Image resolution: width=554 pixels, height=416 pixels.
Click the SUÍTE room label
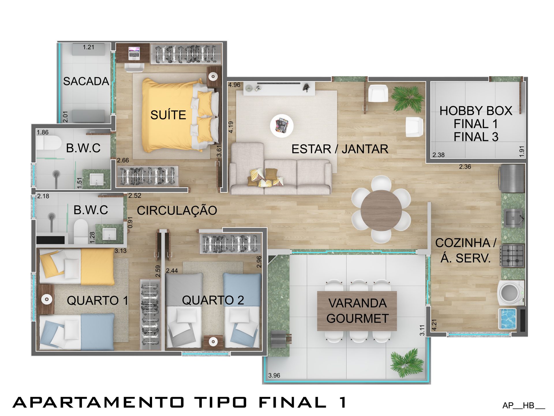point(168,115)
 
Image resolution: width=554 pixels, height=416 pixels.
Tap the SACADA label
point(86,81)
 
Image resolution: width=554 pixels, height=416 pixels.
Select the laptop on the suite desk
point(134,53)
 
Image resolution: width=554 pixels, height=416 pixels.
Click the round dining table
point(381,210)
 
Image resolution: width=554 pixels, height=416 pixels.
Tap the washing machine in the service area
point(511,292)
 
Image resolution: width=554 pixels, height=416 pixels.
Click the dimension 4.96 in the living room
point(234,85)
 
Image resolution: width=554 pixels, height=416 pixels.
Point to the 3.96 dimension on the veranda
point(274,375)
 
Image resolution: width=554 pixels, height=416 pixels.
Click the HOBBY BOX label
point(476,111)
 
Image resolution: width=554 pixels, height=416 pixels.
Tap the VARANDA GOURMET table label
point(358,311)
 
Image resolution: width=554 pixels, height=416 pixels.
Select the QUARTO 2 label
point(213,300)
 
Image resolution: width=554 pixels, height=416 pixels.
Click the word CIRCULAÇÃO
point(177,210)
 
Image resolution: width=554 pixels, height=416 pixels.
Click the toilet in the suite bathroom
point(48,143)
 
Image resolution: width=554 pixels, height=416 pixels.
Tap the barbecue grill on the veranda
point(281,339)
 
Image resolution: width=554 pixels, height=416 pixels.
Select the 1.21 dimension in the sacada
point(88,47)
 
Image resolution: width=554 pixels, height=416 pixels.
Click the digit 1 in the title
point(343,402)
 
